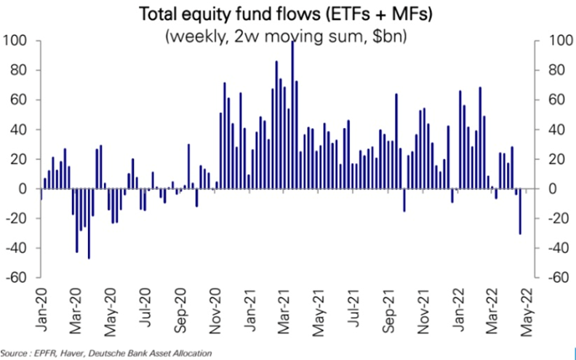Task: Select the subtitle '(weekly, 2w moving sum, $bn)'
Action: click(287, 37)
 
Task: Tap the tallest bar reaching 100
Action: click(292, 115)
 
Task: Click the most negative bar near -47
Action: click(89, 224)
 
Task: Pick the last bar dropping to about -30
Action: click(520, 212)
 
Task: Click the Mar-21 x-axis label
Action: click(285, 311)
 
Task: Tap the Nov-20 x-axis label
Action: click(216, 311)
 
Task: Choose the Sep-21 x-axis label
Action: click(390, 311)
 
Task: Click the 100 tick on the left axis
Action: click(15, 41)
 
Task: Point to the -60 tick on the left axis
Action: click(17, 278)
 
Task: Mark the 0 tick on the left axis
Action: click(23, 189)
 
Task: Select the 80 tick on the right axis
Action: click(556, 70)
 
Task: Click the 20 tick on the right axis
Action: click(556, 159)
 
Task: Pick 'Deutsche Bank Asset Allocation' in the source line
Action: click(152, 353)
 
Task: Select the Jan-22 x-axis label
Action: click(459, 310)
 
